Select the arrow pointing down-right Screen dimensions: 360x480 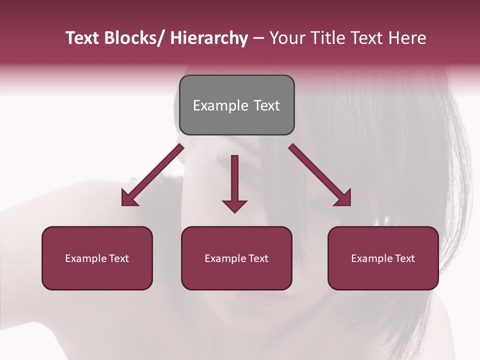[319, 174]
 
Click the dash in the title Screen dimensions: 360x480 [258, 38]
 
